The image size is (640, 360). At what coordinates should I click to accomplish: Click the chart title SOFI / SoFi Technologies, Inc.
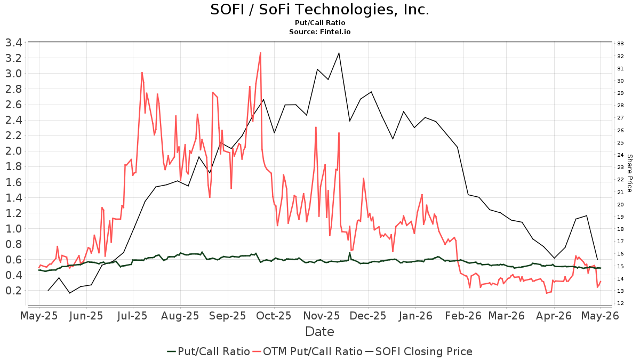point(319,10)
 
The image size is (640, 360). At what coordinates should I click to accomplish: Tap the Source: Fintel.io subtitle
point(319,31)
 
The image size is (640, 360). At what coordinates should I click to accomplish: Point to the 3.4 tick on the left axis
point(14,43)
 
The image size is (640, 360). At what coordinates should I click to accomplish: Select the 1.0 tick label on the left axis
point(14,229)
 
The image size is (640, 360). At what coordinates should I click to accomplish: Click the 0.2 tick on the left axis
point(14,291)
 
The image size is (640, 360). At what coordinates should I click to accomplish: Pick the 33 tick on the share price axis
point(620,44)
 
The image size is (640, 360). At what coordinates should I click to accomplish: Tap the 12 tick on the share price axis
point(620,303)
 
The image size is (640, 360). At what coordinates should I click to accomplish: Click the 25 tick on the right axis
point(620,142)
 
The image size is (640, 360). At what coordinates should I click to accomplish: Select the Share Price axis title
point(630,173)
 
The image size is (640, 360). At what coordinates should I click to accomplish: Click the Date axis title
point(319,332)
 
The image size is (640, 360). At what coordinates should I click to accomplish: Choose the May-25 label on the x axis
point(39,316)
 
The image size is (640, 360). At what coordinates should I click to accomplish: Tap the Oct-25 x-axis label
point(274,316)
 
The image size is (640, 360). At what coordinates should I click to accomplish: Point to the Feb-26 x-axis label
point(463,316)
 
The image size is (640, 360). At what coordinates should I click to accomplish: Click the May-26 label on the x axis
point(600,316)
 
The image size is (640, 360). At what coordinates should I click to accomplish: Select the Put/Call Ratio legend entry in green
point(209,351)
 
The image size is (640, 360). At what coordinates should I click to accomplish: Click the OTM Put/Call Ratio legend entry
point(308,351)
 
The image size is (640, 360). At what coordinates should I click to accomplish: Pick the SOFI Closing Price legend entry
point(419,351)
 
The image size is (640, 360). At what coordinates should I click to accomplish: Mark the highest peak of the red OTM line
point(260,53)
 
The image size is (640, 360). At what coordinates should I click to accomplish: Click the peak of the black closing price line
point(339,53)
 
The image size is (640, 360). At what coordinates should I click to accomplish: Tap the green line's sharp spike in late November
point(349,253)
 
